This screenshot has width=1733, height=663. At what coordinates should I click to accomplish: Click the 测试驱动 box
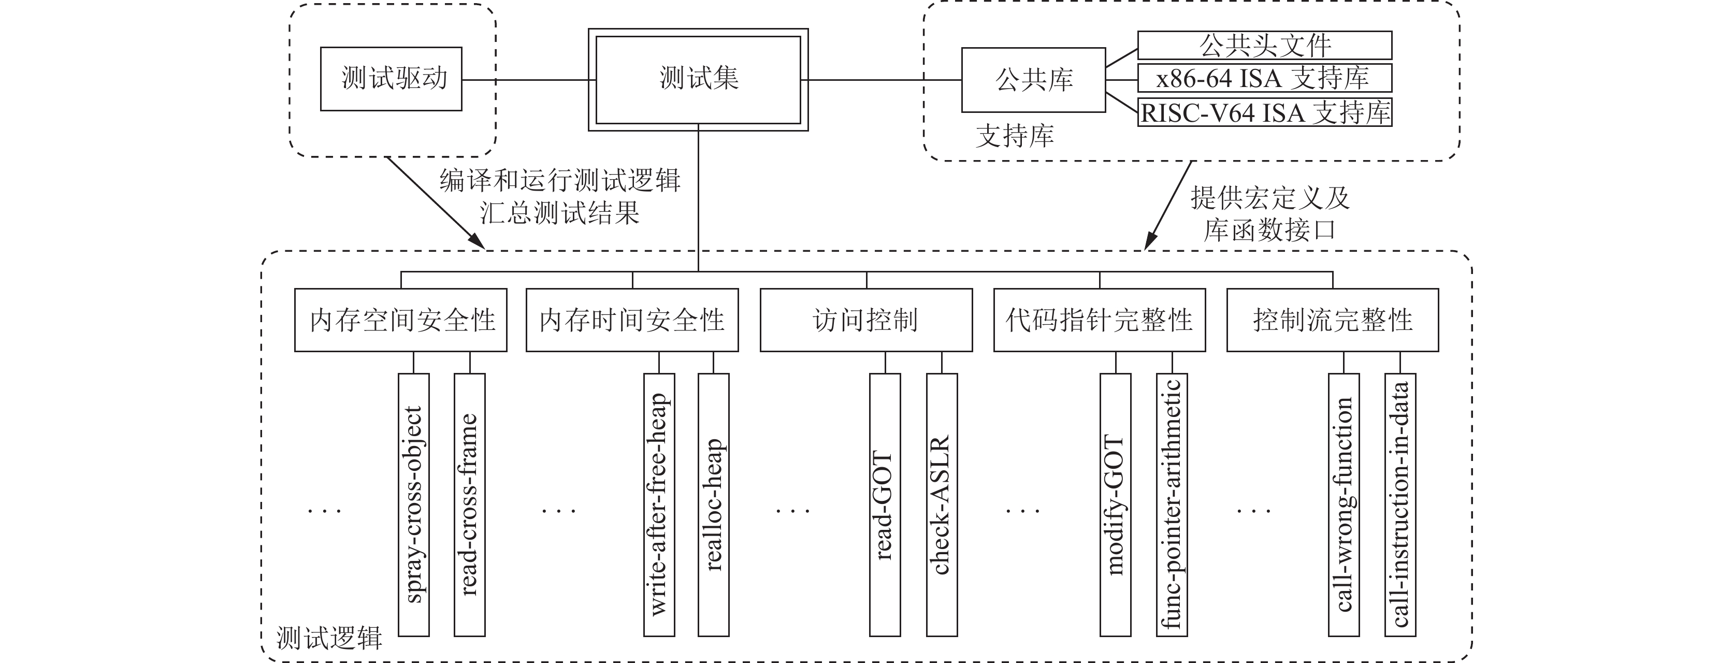click(x=391, y=79)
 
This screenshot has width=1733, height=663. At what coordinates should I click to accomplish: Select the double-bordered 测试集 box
click(x=698, y=79)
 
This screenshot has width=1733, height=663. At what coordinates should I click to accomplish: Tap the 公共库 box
click(x=1033, y=79)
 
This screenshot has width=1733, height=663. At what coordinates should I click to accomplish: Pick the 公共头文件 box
click(x=1265, y=45)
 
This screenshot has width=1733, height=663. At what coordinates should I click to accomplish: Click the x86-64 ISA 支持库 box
click(x=1265, y=78)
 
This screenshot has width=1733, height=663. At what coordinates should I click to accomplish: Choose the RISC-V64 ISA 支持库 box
click(x=1265, y=112)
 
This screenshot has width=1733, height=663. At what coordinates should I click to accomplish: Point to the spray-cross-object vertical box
click(x=414, y=505)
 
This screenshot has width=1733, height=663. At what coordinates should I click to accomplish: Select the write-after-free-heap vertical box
click(x=659, y=505)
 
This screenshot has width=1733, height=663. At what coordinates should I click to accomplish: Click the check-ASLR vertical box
click(x=942, y=505)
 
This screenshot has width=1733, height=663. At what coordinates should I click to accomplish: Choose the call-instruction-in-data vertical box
click(x=1400, y=505)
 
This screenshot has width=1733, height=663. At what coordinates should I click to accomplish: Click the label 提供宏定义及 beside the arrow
click(x=1270, y=198)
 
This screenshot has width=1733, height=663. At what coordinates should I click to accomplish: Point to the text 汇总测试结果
click(x=560, y=213)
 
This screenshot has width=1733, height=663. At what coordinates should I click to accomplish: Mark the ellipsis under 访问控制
click(x=792, y=511)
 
